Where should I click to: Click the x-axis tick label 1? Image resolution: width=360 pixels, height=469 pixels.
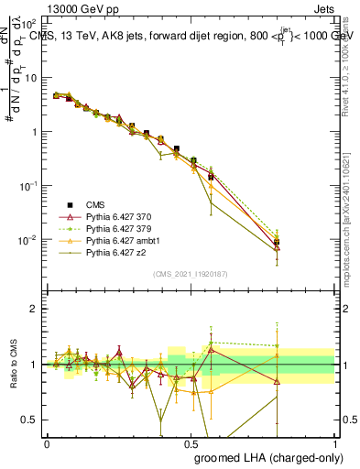click(334, 443)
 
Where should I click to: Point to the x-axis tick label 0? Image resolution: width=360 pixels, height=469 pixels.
click(47, 443)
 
